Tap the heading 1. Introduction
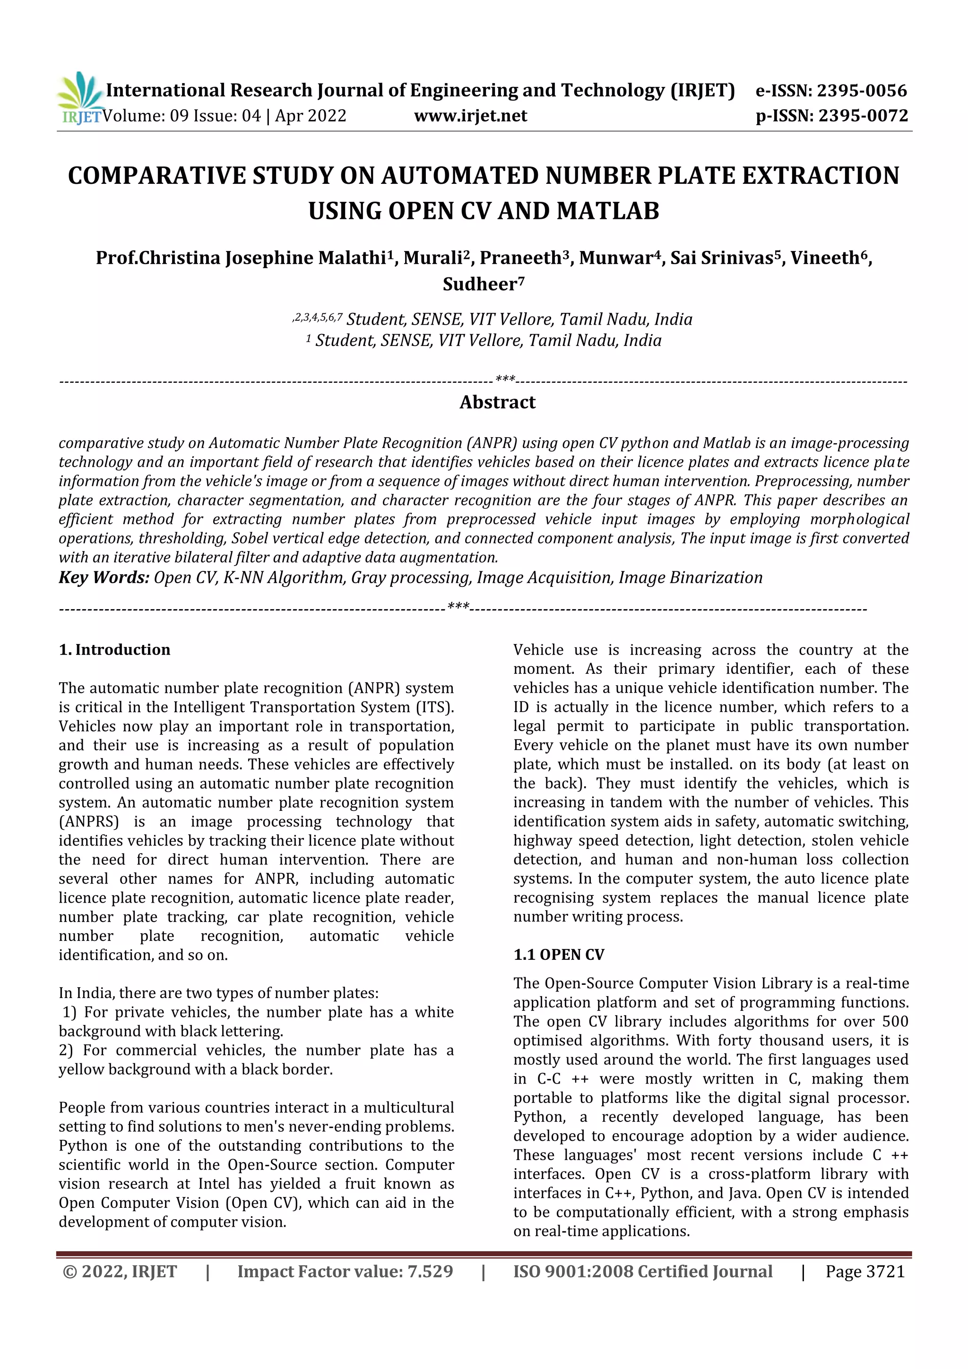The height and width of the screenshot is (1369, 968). [114, 649]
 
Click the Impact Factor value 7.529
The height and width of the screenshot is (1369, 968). [430, 1271]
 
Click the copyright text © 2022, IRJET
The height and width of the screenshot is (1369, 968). [119, 1271]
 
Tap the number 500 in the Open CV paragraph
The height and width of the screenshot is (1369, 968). [895, 1021]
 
